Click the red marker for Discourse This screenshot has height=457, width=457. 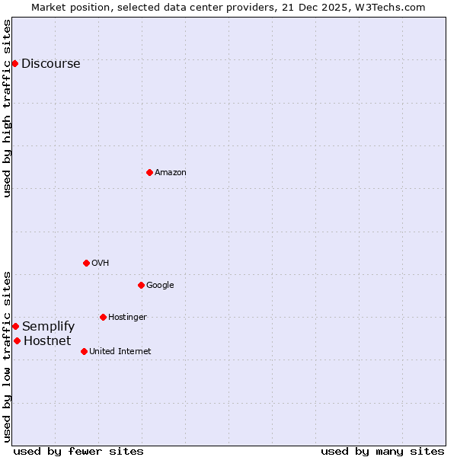pos(14,63)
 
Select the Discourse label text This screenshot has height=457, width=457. pos(50,64)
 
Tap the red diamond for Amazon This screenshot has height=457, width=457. pos(149,172)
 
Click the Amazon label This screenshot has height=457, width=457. pos(171,173)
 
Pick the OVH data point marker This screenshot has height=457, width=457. pos(86,263)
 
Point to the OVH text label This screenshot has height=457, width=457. pos(100,264)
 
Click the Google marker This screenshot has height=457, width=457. pos(141,285)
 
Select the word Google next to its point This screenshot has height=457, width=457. pos(160,286)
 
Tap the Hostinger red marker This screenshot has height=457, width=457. pos(103,317)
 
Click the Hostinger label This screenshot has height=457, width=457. pos(127,318)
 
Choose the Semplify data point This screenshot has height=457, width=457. pos(15,326)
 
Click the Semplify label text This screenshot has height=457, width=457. pos(48,327)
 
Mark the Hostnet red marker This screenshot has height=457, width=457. pos(17,340)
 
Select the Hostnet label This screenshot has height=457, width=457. pos(47,341)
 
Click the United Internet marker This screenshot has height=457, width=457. pos(84,351)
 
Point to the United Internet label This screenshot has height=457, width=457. pos(120,352)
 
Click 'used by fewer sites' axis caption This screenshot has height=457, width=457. pos(78,451)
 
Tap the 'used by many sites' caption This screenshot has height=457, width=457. pos(382,451)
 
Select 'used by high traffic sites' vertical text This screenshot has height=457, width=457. pos(7,108)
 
